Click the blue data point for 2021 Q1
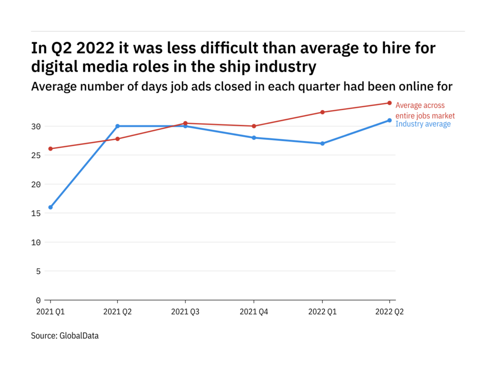coord(50,207)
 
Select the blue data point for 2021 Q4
coord(254,138)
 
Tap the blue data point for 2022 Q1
coord(322,143)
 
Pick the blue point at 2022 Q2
coord(389,120)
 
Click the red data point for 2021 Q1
coord(50,149)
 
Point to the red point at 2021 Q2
coord(118,139)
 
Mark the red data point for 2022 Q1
coord(322,112)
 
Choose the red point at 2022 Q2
coord(389,103)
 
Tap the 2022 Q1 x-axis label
coord(322,312)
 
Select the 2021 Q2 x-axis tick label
coord(118,312)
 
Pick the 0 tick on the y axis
coord(39,300)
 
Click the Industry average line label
coord(423,124)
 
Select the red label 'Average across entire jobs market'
coord(425,110)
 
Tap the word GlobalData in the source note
coord(79,335)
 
